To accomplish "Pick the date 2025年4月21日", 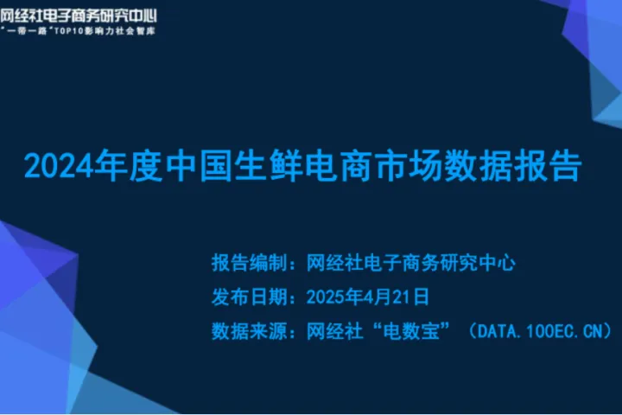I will [x=368, y=297].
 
